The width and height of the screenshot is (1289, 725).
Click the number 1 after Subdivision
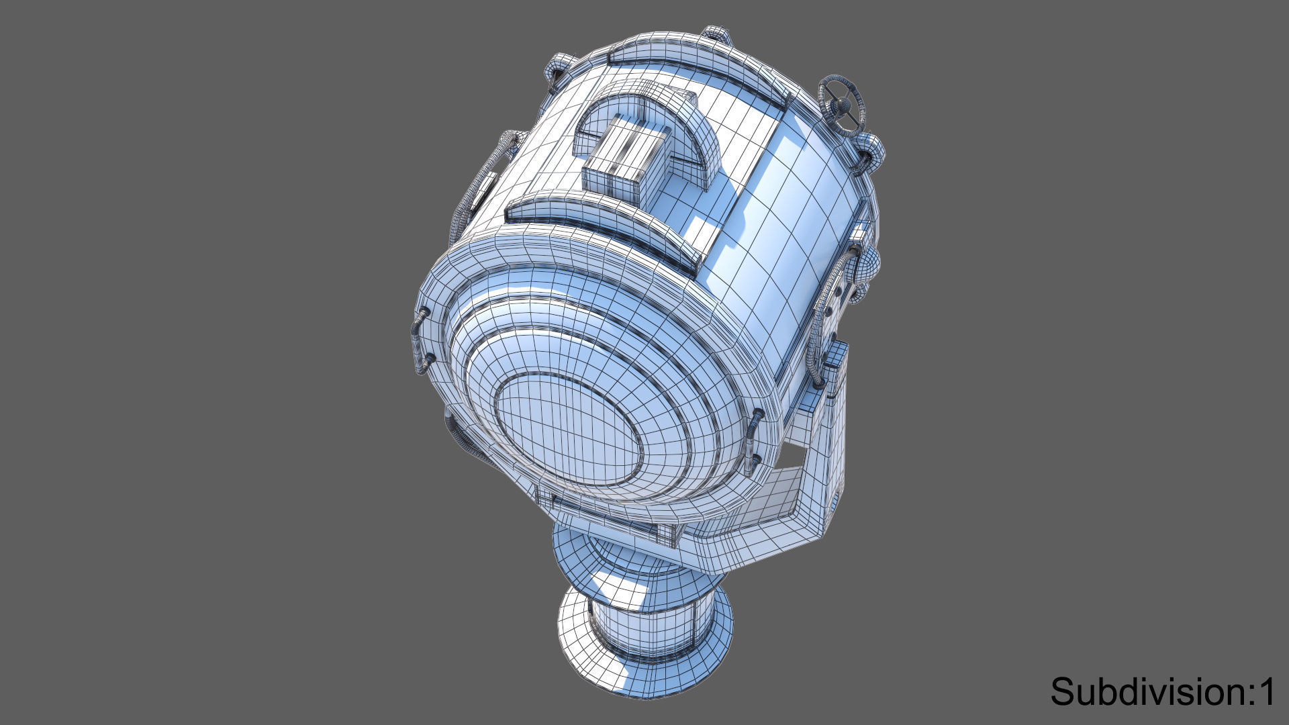[1266, 691]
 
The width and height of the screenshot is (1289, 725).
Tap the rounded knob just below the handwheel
[871, 149]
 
